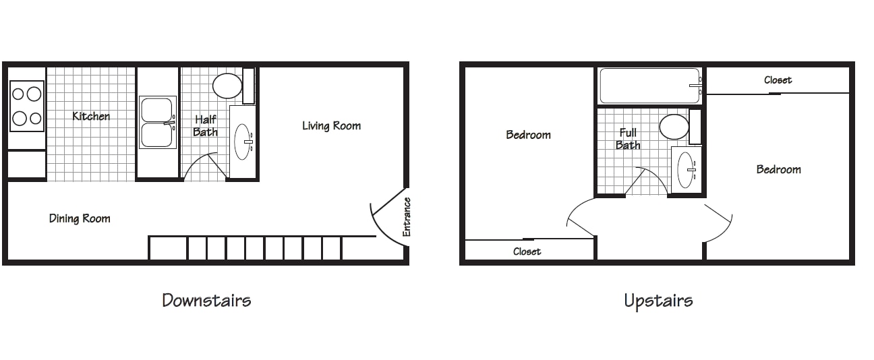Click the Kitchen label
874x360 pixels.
coord(91,116)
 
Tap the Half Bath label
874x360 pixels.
coord(205,125)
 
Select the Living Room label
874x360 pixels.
coord(331,125)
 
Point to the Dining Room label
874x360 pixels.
coord(80,218)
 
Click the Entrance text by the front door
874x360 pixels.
coord(407,217)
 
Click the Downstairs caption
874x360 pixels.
coord(206,300)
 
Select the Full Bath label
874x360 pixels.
coord(628,139)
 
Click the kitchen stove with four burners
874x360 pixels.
coord(27,106)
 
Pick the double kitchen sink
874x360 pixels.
coord(157,122)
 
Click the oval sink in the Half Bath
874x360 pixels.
coord(243,142)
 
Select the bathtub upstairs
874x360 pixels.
coord(650,86)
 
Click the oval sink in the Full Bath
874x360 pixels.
coord(687,170)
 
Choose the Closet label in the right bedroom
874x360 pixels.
coord(778,80)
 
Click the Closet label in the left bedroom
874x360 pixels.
coord(527,251)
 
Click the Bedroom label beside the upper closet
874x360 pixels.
coord(778,170)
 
